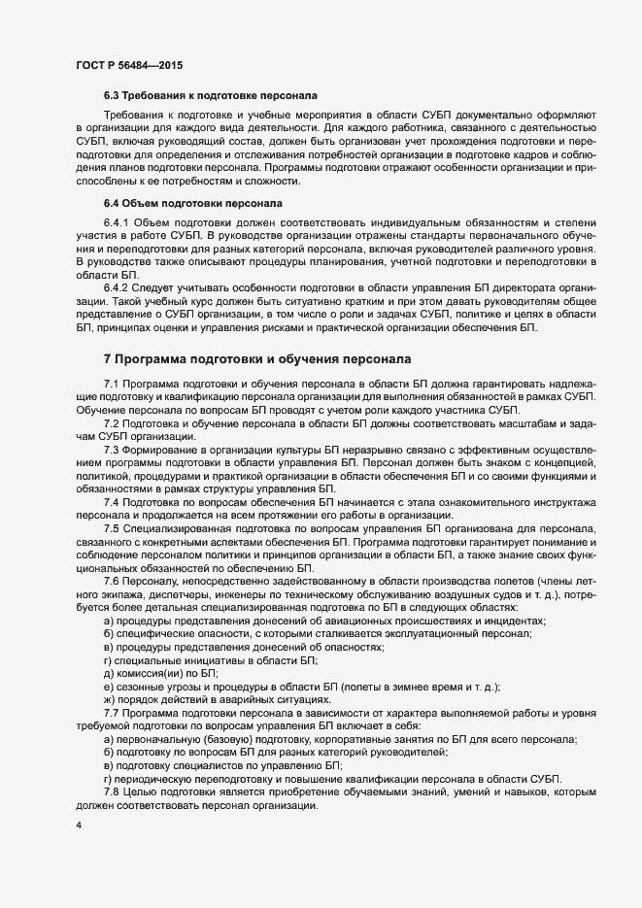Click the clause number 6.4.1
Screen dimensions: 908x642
pyautogui.click(x=117, y=223)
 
